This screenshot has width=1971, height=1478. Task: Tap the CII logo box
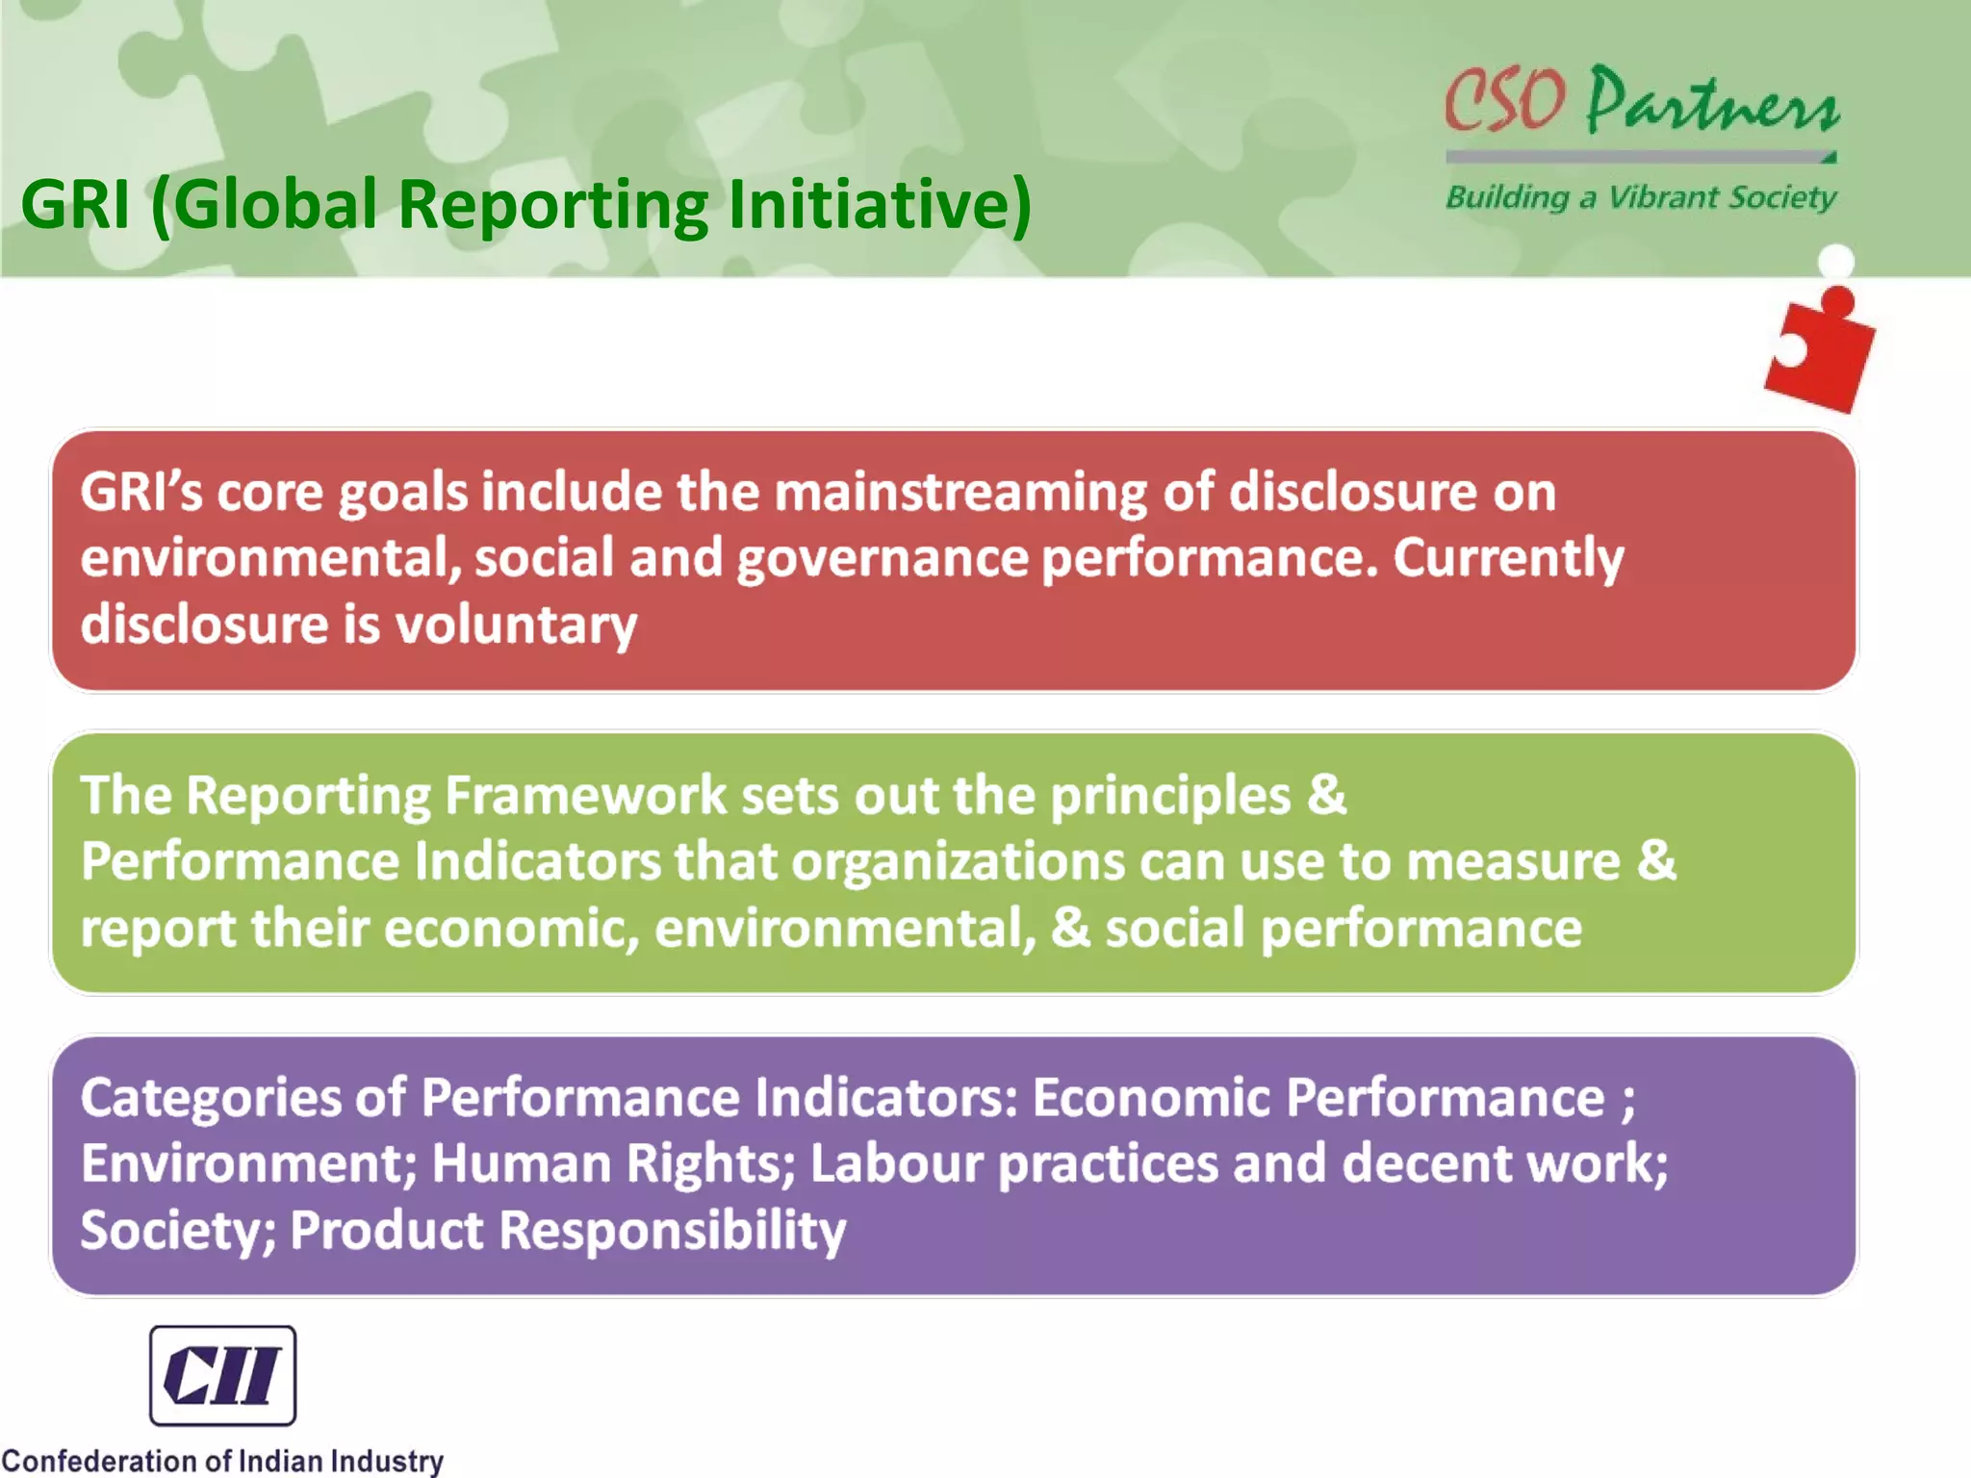[222, 1375]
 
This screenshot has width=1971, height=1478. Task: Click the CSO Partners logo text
[1641, 101]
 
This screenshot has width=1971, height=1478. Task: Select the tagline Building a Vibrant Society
[1641, 197]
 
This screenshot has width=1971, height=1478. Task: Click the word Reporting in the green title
[553, 205]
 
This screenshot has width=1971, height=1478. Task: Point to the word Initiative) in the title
[879, 205]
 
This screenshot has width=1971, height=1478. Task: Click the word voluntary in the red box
[516, 624]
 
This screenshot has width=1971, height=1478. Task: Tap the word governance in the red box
[883, 559]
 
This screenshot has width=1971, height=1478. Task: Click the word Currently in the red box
[1508, 559]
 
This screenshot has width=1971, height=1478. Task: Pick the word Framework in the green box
[585, 796]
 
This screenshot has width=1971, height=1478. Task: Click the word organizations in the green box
[958, 861]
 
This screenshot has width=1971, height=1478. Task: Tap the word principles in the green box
[1170, 796]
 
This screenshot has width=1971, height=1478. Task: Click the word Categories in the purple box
[211, 1098]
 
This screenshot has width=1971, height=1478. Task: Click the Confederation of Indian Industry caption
[222, 1461]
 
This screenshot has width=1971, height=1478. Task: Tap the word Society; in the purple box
[178, 1231]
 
